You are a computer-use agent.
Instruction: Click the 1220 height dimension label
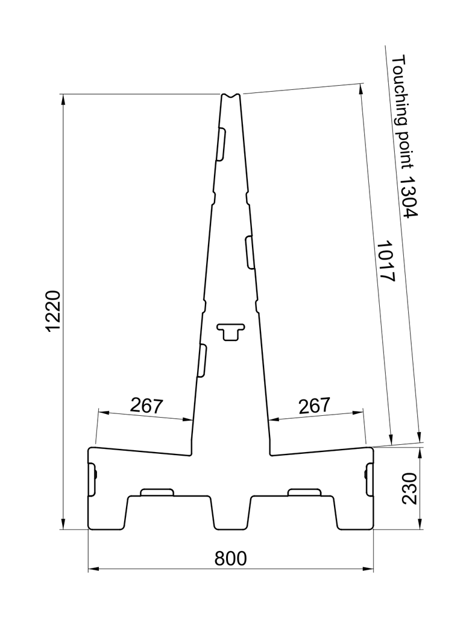[53, 311]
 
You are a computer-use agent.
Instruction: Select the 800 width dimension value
[231, 558]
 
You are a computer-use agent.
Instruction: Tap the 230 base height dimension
[410, 488]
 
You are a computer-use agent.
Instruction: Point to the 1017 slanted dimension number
[386, 261]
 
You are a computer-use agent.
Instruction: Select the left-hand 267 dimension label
[146, 406]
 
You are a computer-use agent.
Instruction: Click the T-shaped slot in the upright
[231, 331]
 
